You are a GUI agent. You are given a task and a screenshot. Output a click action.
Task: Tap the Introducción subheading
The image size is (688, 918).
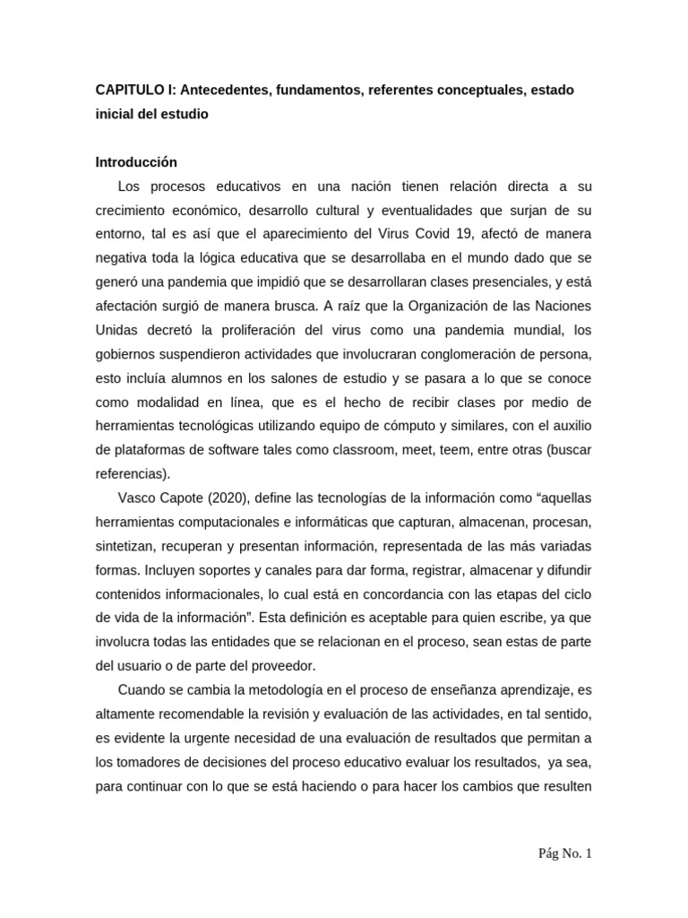coord(136,162)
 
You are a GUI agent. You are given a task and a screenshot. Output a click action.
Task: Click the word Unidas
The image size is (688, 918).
coord(116,329)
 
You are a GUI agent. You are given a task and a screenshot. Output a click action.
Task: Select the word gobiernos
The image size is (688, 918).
coord(126,352)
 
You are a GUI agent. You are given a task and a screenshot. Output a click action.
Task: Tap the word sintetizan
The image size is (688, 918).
coord(126,546)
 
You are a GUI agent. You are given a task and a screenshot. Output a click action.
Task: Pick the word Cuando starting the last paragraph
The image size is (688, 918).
coord(141,688)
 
